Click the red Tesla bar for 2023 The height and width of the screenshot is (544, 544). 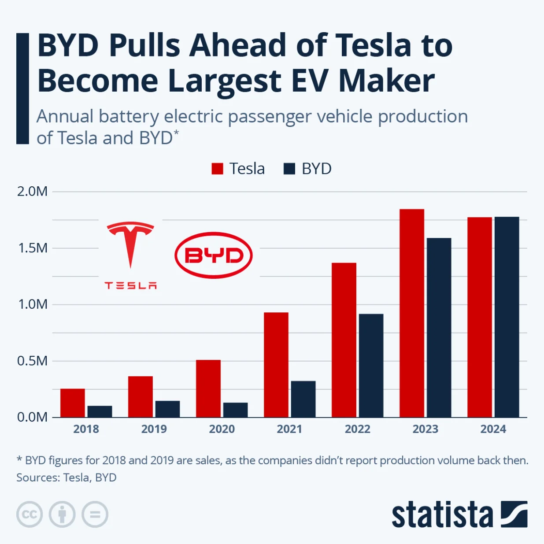[411, 313]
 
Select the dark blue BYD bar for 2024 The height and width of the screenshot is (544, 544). [507, 317]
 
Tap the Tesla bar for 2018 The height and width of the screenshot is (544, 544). [73, 403]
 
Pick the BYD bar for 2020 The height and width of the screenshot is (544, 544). [235, 410]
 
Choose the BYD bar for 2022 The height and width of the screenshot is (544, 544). [371, 366]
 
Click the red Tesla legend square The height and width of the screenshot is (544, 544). [217, 169]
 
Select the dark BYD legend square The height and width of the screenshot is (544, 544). [289, 169]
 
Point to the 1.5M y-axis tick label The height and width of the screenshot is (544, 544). [33, 248]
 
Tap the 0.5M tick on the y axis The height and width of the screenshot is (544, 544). [33, 361]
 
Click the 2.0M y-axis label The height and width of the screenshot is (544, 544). [33, 192]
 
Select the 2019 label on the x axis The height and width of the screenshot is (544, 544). [154, 429]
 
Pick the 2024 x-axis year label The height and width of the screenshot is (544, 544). [493, 429]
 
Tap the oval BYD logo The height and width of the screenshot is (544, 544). [214, 255]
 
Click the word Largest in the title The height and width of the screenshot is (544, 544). [225, 81]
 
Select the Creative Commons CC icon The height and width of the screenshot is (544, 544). [30, 514]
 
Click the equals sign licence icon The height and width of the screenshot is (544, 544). [95, 514]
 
